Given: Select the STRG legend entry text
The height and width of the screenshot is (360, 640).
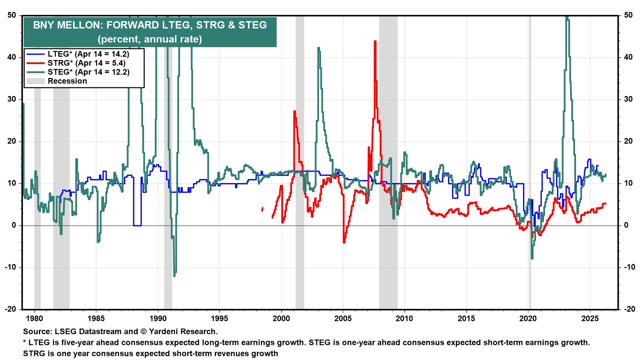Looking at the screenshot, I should tap(86, 63).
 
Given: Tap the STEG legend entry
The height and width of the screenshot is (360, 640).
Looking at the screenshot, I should tap(88, 72).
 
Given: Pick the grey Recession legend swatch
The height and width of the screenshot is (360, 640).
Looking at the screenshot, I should tap(35, 81).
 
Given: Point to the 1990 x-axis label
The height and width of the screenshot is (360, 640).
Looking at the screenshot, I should tap(158, 318).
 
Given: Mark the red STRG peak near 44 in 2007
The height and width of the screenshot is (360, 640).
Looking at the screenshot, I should tap(375, 41).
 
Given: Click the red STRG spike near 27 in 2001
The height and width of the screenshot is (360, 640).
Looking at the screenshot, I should tap(294, 111).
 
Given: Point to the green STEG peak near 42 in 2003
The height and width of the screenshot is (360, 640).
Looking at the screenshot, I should tap(318, 48).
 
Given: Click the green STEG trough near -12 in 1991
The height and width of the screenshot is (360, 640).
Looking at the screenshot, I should tap(174, 275).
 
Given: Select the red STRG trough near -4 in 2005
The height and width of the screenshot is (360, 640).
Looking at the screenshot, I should tap(344, 242).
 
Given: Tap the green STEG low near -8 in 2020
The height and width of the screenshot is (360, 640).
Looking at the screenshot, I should tap(532, 258).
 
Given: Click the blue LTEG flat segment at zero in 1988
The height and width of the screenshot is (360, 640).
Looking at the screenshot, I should tap(137, 225).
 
